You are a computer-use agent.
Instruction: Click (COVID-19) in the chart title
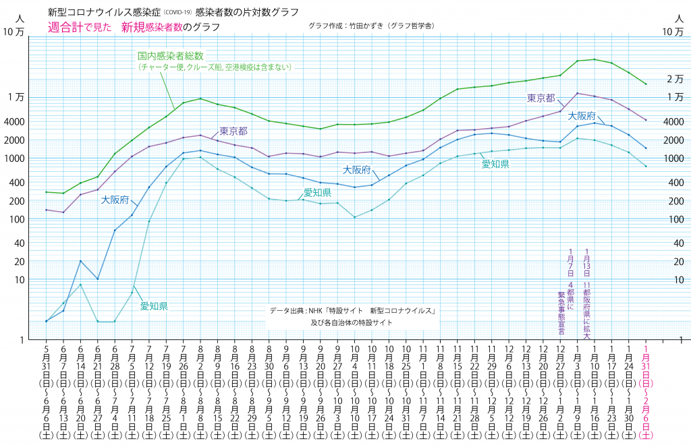pos(174,13)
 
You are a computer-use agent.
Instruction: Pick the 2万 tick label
pos(674,79)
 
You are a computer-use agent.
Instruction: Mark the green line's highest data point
pos(595,59)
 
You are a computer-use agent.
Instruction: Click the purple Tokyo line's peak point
pos(578,93)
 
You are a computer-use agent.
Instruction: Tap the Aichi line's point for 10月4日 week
pos(354,217)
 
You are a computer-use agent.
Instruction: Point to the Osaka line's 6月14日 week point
pos(80,261)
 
